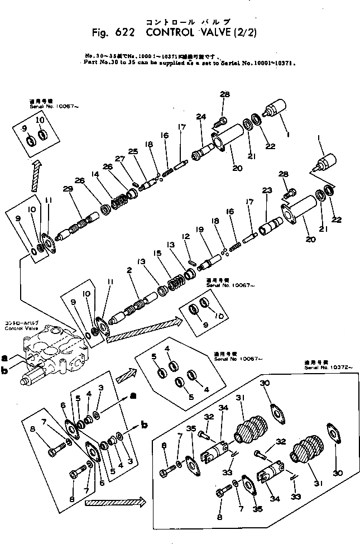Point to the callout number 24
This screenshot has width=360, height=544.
tap(201, 117)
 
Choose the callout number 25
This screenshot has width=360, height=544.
tap(133, 151)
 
